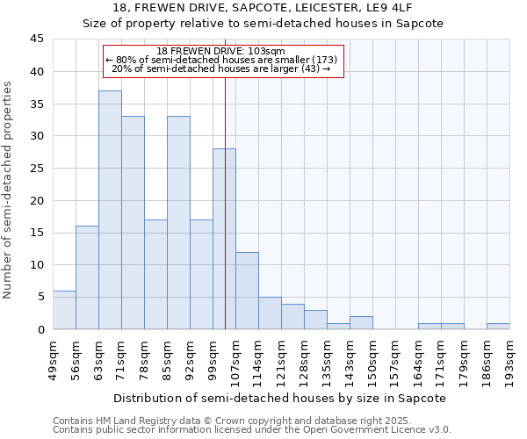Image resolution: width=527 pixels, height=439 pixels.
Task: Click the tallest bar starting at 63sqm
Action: pos(110,210)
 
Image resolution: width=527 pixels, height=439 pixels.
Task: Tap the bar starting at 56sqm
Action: pos(87,277)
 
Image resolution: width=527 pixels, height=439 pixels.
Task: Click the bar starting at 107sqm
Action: pos(247,291)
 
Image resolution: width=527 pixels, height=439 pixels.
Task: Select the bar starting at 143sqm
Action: pos(361,323)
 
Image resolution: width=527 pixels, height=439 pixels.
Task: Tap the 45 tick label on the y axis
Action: pos(37,40)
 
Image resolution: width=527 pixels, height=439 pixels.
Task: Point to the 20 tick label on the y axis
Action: pos(37,200)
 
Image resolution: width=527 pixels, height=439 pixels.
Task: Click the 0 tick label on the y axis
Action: pos(40,329)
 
